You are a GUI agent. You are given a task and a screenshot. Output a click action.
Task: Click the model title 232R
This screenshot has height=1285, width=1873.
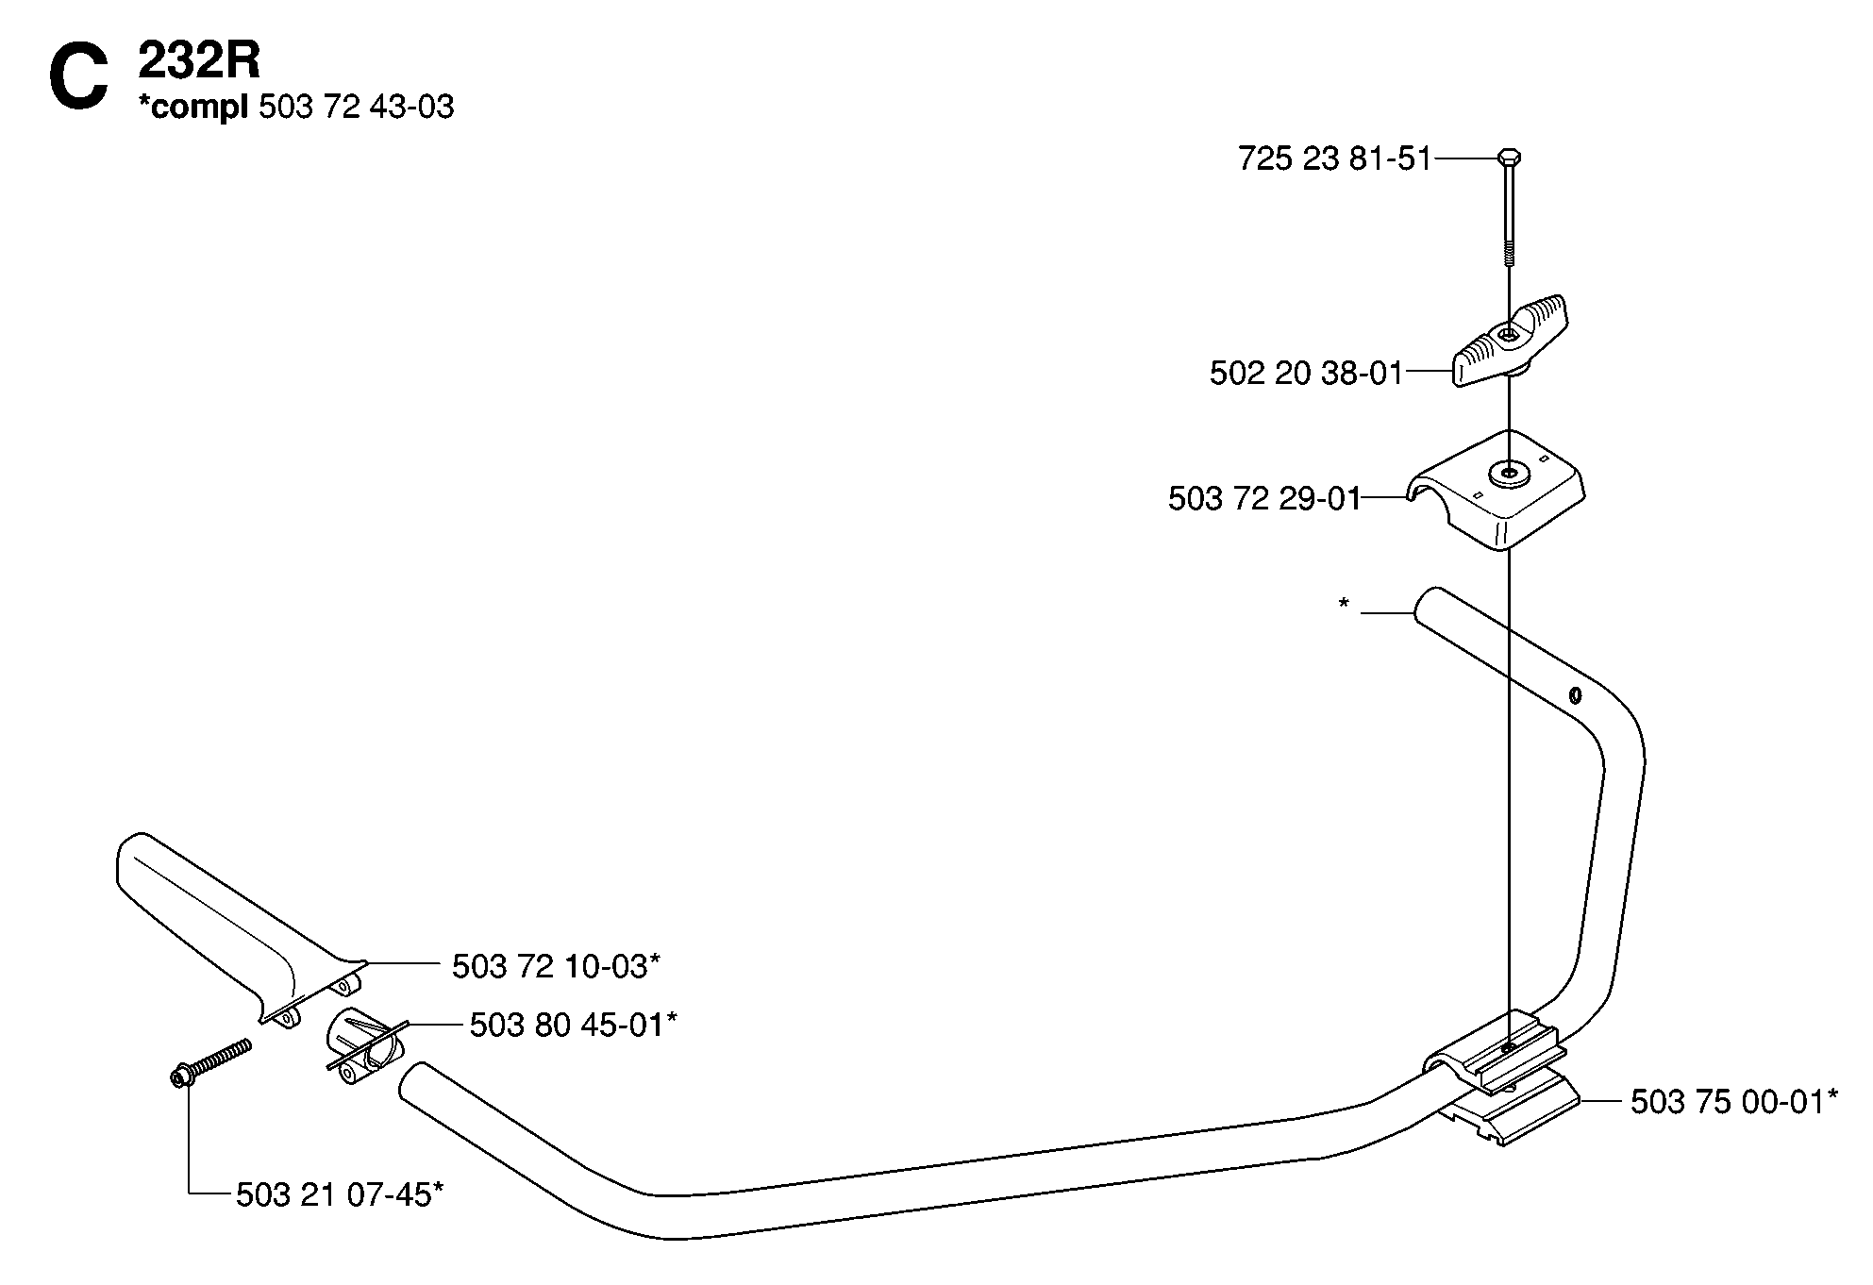[199, 63]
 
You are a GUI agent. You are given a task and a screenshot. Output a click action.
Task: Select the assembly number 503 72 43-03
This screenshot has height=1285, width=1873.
[356, 108]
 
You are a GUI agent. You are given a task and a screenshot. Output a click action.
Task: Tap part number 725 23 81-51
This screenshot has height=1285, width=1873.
[1335, 159]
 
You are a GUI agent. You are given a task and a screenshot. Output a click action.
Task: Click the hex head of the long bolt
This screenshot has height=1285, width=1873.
[1509, 157]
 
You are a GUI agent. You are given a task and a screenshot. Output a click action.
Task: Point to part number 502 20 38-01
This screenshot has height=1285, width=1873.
[1307, 374]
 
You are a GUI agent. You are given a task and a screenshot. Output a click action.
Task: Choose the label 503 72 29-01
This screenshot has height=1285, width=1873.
[1264, 498]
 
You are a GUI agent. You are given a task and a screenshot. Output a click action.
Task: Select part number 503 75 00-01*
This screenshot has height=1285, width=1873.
[1734, 1102]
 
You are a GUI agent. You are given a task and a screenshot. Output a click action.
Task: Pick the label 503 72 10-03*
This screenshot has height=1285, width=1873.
[556, 966]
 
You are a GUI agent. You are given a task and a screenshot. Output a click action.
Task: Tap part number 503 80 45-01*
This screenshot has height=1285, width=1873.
[574, 1025]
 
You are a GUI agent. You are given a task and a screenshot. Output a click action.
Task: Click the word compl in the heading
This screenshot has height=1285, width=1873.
[193, 108]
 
